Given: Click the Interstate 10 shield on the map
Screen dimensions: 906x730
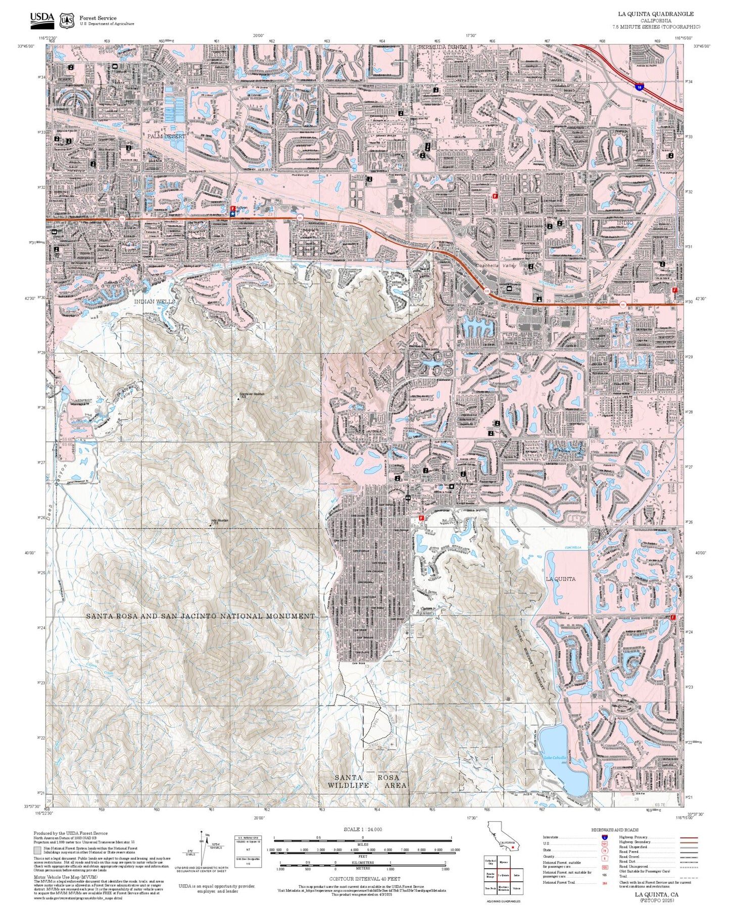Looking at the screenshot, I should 640,87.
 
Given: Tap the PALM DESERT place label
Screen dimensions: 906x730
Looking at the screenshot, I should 166,136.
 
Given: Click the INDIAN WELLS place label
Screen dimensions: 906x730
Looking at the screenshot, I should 155,301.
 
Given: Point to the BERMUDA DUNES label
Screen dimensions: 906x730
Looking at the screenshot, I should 442,47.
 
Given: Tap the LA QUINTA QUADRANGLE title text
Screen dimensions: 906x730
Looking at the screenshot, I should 656,14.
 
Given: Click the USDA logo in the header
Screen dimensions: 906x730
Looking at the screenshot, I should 42,20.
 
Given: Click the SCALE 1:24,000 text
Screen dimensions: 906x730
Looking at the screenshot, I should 362,829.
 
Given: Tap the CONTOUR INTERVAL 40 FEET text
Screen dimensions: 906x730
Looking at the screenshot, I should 364,879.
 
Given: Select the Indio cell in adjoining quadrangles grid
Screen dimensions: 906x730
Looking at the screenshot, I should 516,875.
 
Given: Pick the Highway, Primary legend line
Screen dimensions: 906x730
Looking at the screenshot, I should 689,837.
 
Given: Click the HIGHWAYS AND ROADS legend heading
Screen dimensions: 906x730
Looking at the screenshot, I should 615,830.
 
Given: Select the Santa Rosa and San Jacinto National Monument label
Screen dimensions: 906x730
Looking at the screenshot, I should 200,616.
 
